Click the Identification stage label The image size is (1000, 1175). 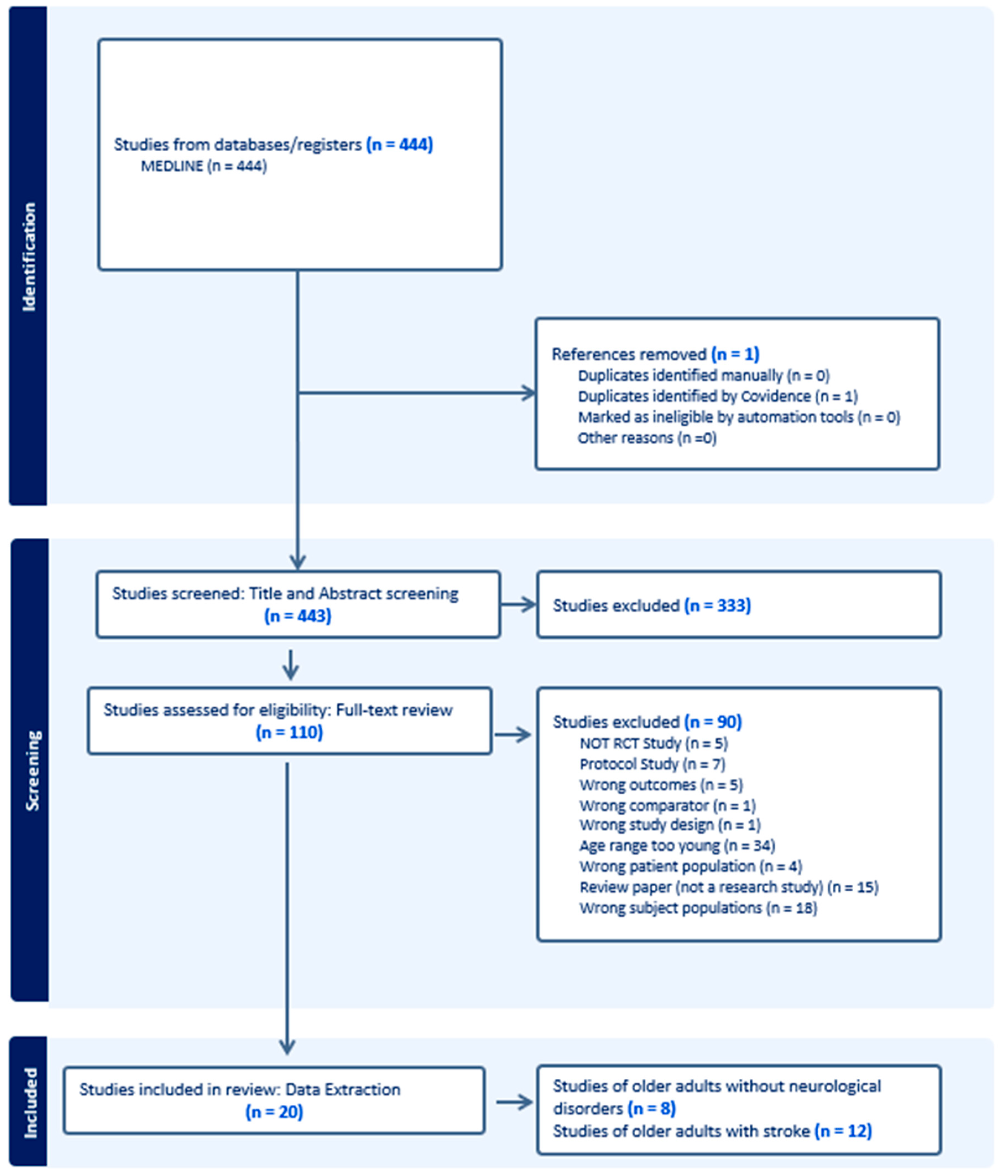28,257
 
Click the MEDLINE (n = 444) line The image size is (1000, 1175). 203,166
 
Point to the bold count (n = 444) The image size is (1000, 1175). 400,145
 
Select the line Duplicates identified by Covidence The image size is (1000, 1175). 717,396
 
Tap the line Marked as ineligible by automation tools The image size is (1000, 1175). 738,417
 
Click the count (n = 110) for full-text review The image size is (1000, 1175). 289,732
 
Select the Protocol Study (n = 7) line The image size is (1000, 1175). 652,764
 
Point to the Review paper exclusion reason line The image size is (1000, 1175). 729,887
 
